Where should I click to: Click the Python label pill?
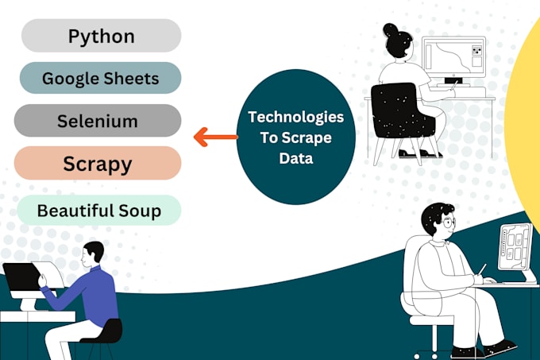point(102,36)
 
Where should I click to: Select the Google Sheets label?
point(100,78)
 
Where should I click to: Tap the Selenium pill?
point(98,121)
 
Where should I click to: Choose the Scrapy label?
point(98,163)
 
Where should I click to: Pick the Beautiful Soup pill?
point(99,211)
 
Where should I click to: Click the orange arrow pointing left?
point(215,137)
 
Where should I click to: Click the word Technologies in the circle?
point(296,117)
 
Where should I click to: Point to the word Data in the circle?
point(296,158)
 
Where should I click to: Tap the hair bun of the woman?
point(390,30)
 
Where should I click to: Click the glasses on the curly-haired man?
point(448,223)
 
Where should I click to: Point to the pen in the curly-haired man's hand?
point(482,269)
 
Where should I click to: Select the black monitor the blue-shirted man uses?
point(21,277)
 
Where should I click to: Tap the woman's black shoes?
point(419,153)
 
